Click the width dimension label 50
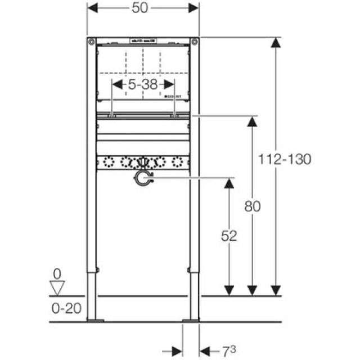143,9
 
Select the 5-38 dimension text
143,84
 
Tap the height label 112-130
285,159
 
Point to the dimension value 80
253,206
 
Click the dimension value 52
229,235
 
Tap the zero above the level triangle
56,274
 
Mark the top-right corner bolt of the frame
194,42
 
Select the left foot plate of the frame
95,320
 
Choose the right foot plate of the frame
191,320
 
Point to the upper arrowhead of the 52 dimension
229,184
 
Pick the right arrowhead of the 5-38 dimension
169,84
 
